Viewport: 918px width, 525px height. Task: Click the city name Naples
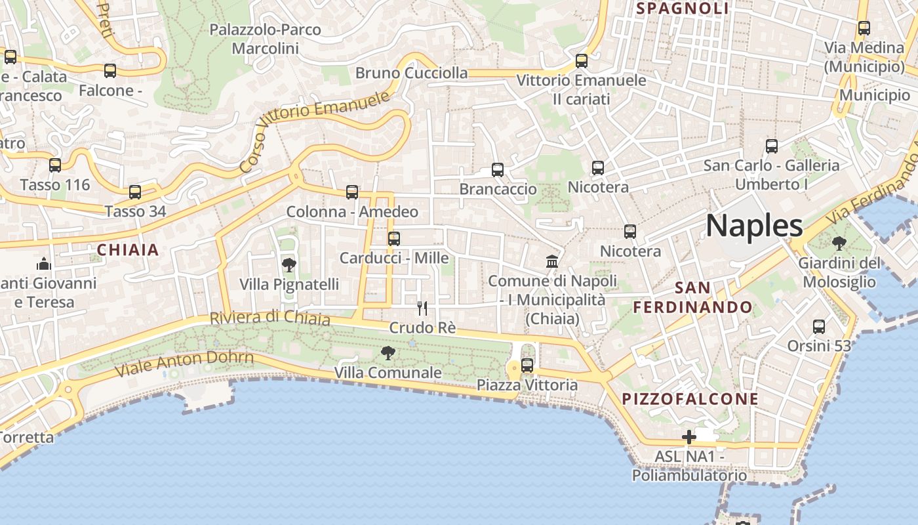point(754,226)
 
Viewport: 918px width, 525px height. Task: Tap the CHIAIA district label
point(129,250)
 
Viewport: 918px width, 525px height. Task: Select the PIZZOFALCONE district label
point(690,399)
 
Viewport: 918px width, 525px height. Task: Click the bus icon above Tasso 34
point(135,192)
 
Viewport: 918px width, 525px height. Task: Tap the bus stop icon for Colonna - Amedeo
point(352,192)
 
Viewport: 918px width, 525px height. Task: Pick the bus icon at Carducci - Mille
point(394,239)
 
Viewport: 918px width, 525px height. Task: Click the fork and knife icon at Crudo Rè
point(422,308)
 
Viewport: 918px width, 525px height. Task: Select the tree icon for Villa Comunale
point(388,354)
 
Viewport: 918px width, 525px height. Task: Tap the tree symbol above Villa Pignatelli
point(289,265)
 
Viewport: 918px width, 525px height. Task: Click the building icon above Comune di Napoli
point(552,262)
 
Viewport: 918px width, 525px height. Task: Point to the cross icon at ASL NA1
point(688,437)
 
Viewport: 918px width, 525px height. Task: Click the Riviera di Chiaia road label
point(269,318)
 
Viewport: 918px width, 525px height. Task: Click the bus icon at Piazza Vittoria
point(527,366)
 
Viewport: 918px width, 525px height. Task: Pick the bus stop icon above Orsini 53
point(819,327)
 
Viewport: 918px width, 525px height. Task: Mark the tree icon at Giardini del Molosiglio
point(839,244)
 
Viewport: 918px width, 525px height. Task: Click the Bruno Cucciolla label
point(412,73)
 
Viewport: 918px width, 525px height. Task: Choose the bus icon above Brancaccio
point(498,170)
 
